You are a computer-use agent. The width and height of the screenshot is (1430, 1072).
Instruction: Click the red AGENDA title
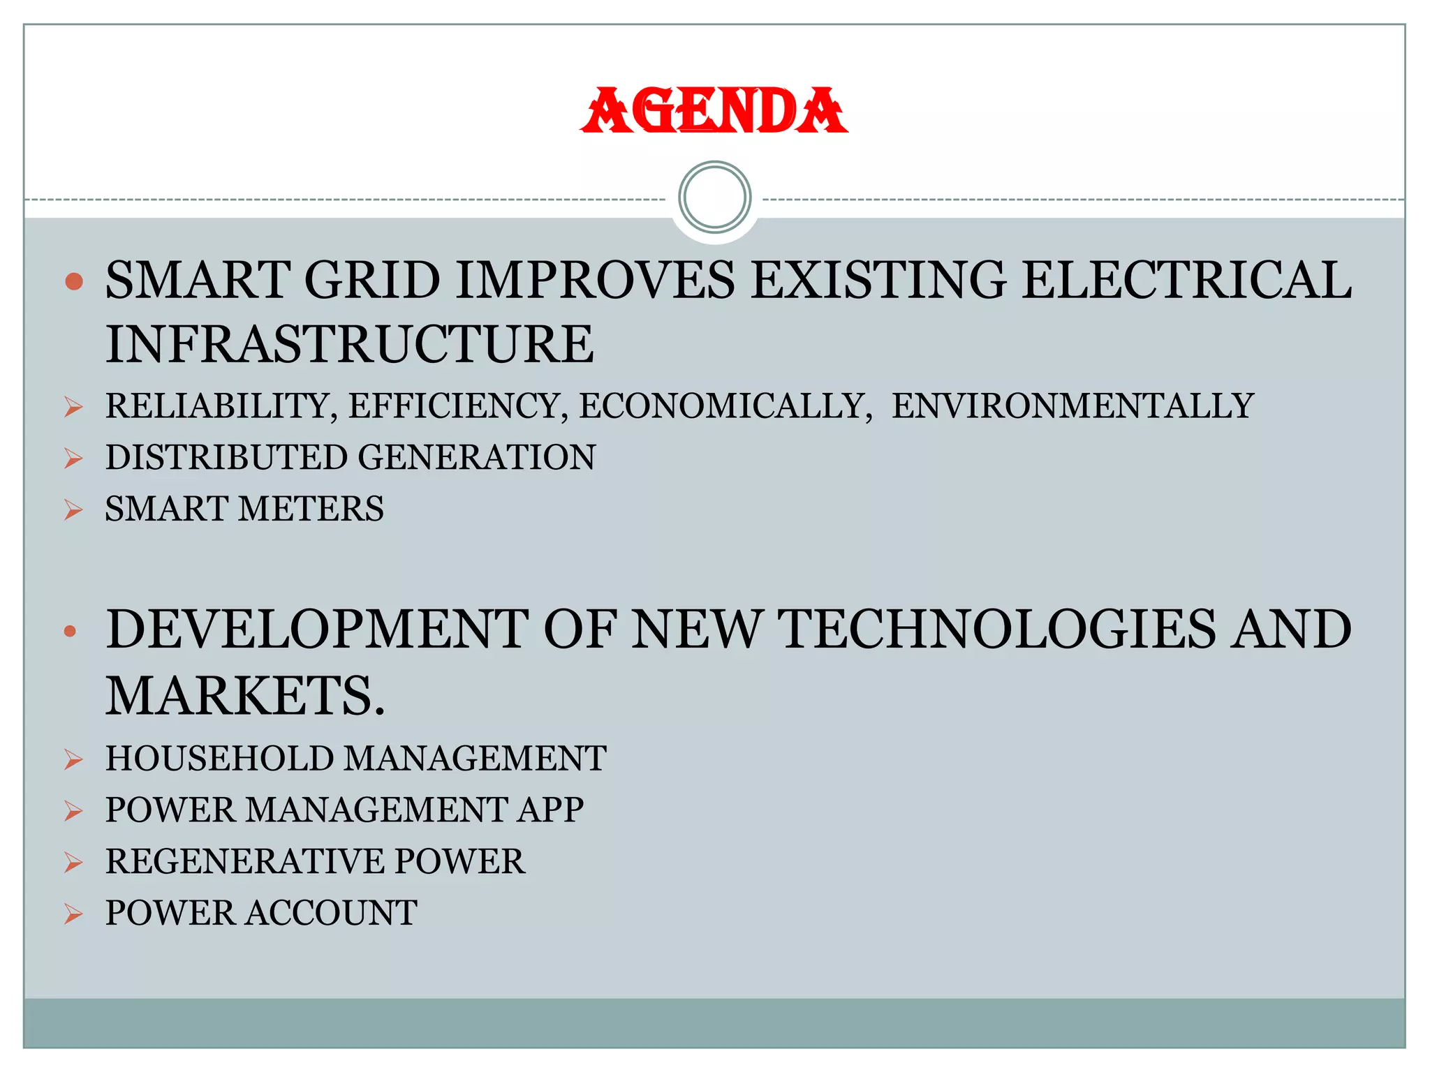pos(714,111)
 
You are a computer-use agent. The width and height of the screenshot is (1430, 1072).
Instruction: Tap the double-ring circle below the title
pos(714,198)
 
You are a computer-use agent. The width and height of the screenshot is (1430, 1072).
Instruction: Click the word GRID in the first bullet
pos(371,280)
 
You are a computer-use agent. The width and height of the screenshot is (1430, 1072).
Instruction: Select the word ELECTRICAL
pos(1186,280)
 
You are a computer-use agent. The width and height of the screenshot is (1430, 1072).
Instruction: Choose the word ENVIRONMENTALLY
pos(1072,406)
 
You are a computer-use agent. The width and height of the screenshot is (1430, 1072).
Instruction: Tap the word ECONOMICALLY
pos(725,406)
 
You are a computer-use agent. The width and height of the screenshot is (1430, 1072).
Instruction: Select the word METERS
pos(311,509)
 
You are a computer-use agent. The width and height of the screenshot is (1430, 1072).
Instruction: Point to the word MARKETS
pos(244,696)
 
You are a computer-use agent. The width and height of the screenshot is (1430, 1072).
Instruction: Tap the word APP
pos(550,810)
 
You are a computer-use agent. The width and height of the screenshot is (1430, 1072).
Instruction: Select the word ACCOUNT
pos(332,913)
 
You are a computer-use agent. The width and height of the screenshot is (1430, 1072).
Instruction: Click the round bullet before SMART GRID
pos(73,281)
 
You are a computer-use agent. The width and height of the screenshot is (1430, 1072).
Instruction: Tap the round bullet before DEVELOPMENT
pos(70,632)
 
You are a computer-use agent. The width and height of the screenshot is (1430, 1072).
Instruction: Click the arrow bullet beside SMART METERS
pos(73,510)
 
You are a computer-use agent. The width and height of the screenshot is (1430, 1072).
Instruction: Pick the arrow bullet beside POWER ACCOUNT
pos(73,914)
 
